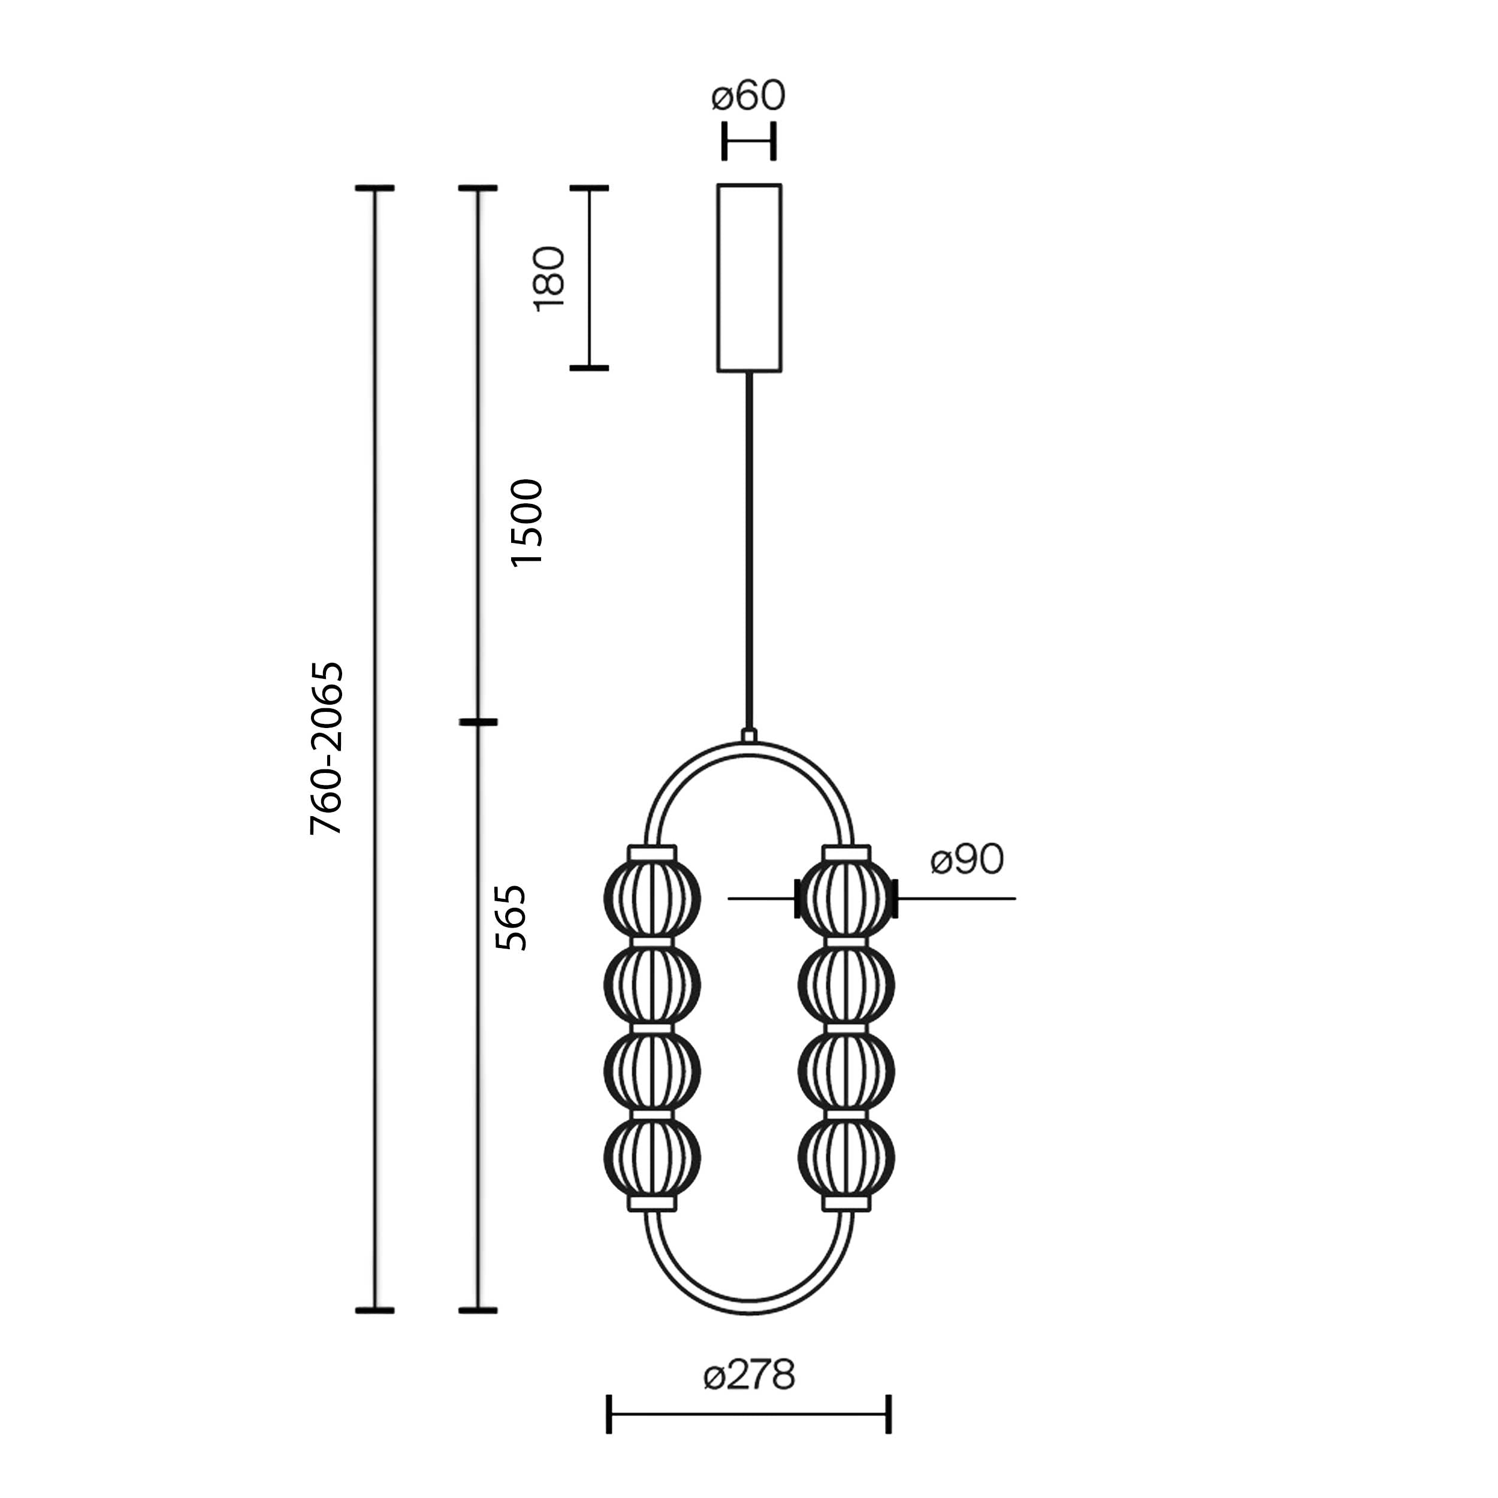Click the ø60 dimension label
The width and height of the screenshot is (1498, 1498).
click(748, 95)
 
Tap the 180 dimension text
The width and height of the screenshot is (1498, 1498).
click(549, 279)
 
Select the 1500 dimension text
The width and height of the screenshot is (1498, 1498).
click(527, 523)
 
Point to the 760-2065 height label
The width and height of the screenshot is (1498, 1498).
click(325, 748)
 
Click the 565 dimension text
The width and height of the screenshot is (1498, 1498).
click(511, 917)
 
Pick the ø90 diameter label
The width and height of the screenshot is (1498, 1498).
click(967, 859)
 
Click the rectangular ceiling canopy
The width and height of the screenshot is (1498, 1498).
click(749, 277)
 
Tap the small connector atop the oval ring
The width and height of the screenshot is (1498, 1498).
click(749, 735)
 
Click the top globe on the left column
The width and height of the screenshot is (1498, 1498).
click(652, 899)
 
